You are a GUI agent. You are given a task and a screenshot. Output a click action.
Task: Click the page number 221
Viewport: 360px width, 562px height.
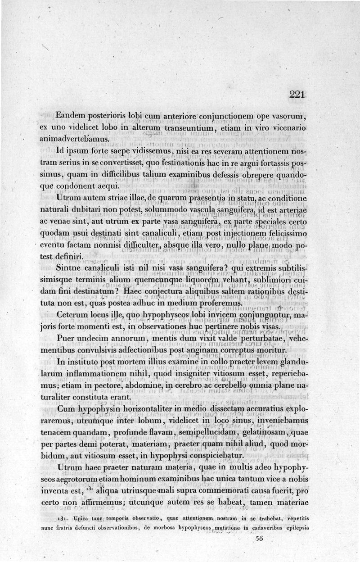tap(297, 95)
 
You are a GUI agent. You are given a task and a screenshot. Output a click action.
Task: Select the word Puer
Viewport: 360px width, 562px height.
tap(67, 338)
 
